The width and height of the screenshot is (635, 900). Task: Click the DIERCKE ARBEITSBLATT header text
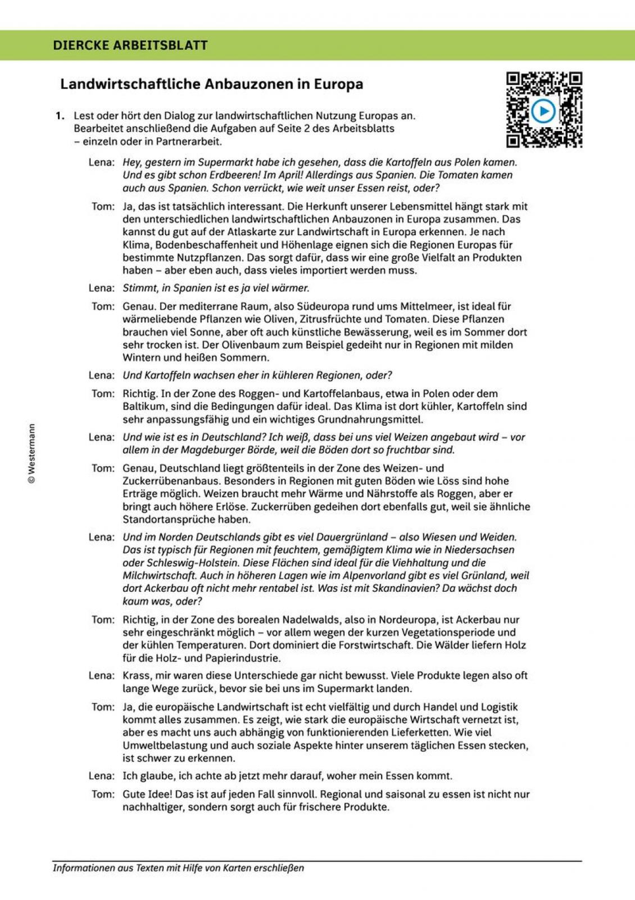[130, 45]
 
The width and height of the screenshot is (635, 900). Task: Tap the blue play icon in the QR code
[543, 111]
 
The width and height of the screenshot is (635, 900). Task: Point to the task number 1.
[60, 116]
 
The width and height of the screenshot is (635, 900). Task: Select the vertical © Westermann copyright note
[32, 454]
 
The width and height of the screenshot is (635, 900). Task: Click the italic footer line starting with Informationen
[178, 868]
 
